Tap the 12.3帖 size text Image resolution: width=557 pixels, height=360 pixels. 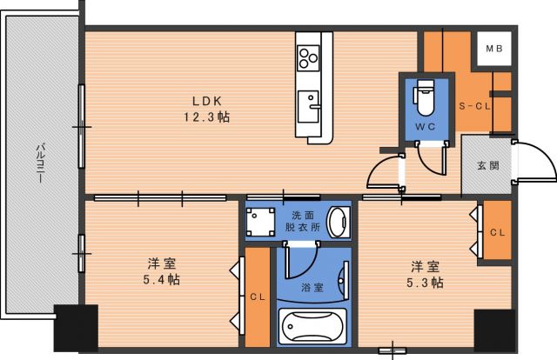pos(205,117)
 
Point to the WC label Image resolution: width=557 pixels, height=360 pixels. pos(425,126)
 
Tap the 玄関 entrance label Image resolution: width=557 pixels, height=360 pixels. pos(487,166)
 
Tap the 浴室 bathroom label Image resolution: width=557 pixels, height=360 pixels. pos(312,286)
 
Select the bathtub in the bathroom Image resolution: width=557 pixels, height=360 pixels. pos(312,327)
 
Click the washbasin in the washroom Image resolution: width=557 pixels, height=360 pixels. pos(339,222)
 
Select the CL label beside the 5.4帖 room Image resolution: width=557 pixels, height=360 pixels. pos(258,297)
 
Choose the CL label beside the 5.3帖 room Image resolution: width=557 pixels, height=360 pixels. pos(497,232)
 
